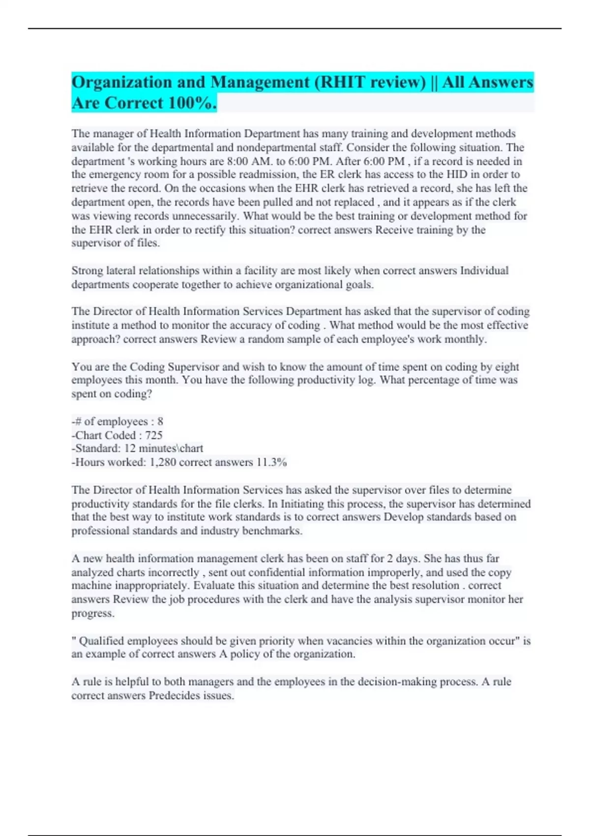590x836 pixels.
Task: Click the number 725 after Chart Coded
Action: pos(154,435)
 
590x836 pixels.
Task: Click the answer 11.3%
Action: pos(272,462)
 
